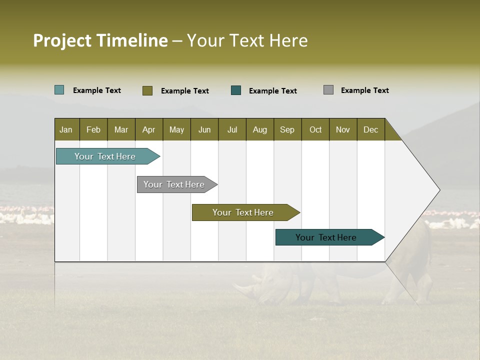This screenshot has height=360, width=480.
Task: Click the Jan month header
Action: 66,129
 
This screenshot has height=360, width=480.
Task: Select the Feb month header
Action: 93,129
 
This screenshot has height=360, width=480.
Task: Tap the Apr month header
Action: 148,129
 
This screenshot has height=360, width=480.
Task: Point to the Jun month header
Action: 204,129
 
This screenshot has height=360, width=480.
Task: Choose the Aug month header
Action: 259,129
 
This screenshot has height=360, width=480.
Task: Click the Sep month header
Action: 287,129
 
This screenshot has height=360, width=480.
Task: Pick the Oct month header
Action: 315,129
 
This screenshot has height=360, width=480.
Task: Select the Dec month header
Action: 370,129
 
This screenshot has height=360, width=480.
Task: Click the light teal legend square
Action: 59,90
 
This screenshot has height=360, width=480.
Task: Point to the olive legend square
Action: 147,90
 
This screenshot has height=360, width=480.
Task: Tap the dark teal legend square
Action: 236,90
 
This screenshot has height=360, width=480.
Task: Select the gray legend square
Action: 328,90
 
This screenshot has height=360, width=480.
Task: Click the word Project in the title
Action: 62,40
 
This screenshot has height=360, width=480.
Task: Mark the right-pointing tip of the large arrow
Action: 439,190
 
